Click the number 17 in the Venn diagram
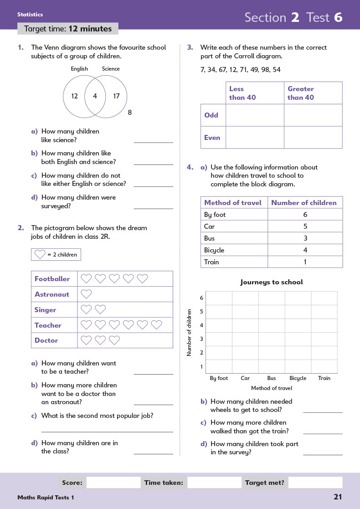coord(116,96)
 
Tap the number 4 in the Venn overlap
coord(95,96)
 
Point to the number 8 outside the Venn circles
coord(130,112)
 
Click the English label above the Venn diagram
coord(79,69)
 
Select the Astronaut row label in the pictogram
coord(52,294)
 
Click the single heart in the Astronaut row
coord(86,294)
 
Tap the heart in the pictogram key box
coord(40,254)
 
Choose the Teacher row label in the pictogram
coord(48,325)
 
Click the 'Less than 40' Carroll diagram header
coord(243,93)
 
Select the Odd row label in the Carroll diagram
coord(211,115)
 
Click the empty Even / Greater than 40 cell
coord(313,137)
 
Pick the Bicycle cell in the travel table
coord(214,250)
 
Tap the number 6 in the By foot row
coord(305,215)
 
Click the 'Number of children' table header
coord(304,203)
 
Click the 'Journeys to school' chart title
coord(272,282)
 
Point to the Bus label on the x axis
coord(272,378)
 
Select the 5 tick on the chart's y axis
coord(201,312)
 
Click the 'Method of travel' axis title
coord(272,388)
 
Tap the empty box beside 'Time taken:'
coord(214,483)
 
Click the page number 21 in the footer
coord(337,497)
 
